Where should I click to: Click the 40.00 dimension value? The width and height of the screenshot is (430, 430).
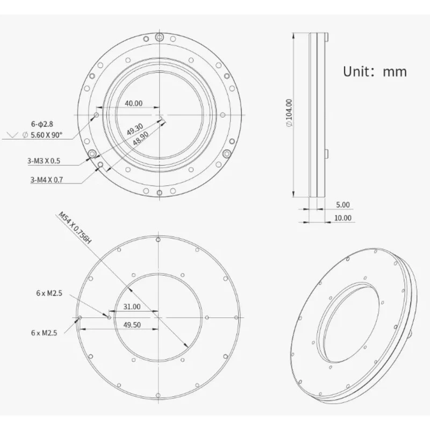(133, 103)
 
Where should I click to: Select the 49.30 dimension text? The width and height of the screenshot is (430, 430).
(135, 129)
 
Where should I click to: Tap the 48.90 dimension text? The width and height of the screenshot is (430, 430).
(141, 138)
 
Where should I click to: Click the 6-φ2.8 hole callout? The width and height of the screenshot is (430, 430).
(42, 124)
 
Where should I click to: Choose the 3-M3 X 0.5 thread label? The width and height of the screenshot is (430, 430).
(44, 161)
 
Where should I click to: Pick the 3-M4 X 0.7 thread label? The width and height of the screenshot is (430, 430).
(47, 180)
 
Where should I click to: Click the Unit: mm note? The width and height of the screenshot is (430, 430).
(375, 71)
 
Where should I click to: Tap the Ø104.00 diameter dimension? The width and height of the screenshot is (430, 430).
(289, 113)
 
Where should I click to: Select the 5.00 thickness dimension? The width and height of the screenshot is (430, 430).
(343, 205)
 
